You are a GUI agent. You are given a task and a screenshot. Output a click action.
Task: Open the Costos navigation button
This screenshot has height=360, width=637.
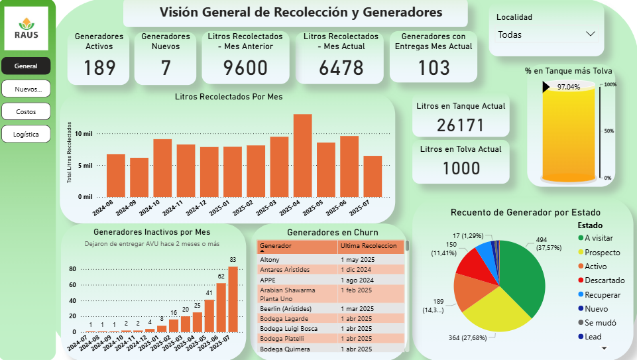[26, 111]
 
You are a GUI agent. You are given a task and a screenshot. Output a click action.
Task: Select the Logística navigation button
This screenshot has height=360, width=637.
[26, 134]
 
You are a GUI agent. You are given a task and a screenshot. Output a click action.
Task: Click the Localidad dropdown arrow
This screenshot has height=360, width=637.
[591, 34]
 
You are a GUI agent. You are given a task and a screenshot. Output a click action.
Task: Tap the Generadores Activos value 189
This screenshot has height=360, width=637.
[100, 68]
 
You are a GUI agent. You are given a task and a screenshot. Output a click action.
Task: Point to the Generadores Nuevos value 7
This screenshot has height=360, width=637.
[166, 68]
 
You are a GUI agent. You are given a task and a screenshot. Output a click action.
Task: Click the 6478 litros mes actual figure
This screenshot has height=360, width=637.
[341, 68]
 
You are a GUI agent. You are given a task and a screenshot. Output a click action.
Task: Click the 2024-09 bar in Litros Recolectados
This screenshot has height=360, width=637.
[139, 177]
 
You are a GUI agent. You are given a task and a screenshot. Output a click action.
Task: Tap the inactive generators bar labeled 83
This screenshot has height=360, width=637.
[233, 299]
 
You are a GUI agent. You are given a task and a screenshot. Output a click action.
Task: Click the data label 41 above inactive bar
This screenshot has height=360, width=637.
[209, 292]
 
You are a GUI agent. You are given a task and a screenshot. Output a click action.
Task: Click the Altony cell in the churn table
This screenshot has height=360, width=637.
[270, 259]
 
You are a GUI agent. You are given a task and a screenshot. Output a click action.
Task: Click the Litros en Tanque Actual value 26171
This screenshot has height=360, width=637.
[461, 125]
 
